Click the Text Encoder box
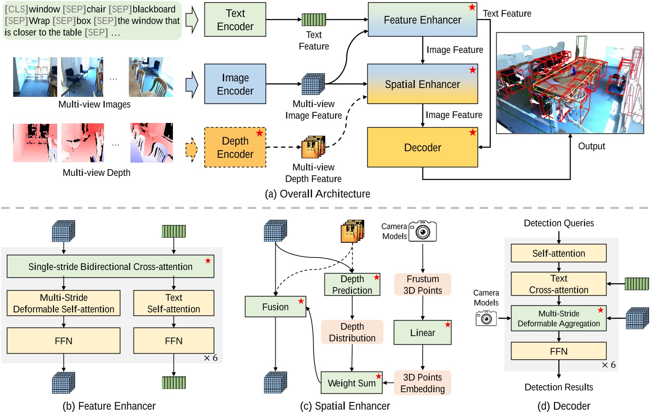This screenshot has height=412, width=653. click(x=235, y=20)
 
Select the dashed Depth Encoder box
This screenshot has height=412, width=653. click(x=235, y=147)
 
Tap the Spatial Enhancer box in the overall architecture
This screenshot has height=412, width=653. click(x=422, y=84)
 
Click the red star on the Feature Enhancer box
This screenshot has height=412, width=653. click(x=472, y=7)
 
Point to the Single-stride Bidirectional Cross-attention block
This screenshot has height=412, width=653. click(x=110, y=266)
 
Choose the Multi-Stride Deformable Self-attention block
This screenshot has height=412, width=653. click(x=64, y=303)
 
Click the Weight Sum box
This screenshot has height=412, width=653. click(x=351, y=383)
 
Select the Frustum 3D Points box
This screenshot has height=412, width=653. click(x=422, y=284)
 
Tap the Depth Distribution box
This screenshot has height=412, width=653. click(x=352, y=332)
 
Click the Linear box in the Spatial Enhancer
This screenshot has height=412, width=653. click(x=422, y=333)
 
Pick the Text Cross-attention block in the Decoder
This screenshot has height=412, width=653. click(x=558, y=284)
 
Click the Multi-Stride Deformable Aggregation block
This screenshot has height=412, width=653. click(x=558, y=318)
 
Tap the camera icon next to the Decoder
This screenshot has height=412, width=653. click(x=486, y=318)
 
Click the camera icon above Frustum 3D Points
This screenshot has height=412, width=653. click(x=423, y=231)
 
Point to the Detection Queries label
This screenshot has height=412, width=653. click(x=558, y=223)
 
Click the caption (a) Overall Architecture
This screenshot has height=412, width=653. click(x=317, y=194)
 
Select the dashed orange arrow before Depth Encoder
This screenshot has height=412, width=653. click(x=191, y=149)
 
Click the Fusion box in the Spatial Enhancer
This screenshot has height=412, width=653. click(x=275, y=307)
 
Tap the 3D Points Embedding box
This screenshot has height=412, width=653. click(x=422, y=383)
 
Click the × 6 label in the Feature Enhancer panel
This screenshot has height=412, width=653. click(x=211, y=358)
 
